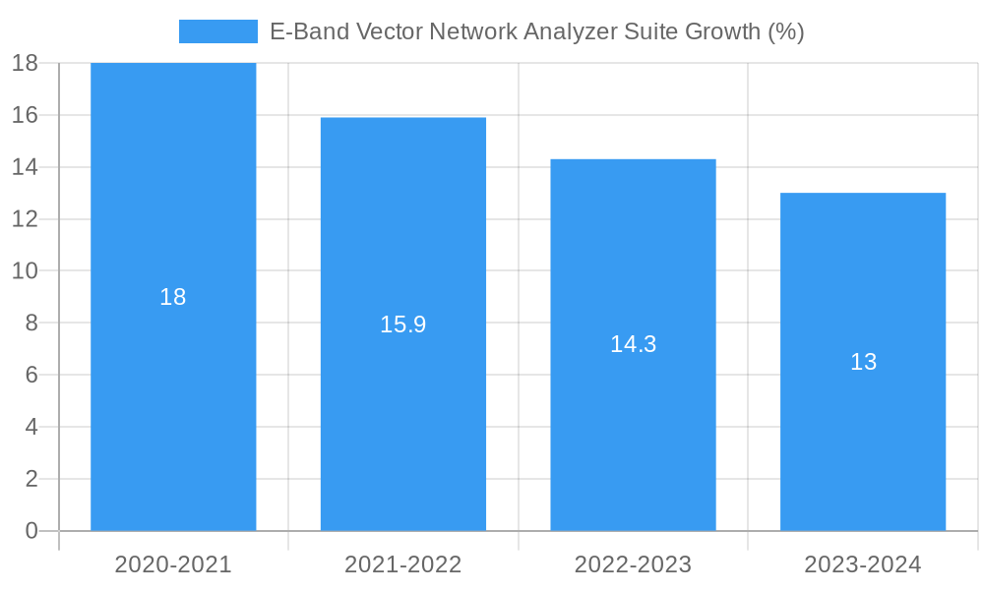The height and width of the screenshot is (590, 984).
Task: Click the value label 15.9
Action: point(403,324)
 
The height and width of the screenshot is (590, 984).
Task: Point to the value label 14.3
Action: point(633,344)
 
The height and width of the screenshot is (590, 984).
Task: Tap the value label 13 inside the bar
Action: point(863,362)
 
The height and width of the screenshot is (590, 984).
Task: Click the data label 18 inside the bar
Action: point(173,297)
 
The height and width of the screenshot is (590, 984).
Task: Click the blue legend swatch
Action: point(217,31)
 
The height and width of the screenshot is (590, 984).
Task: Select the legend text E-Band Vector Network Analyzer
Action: point(536,31)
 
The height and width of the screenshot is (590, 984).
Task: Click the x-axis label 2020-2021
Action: point(173,564)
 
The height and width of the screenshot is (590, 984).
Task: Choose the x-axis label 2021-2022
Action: point(403,564)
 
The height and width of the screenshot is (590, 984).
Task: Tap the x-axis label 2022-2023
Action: point(633,564)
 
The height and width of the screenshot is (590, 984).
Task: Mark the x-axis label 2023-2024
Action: point(863,564)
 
